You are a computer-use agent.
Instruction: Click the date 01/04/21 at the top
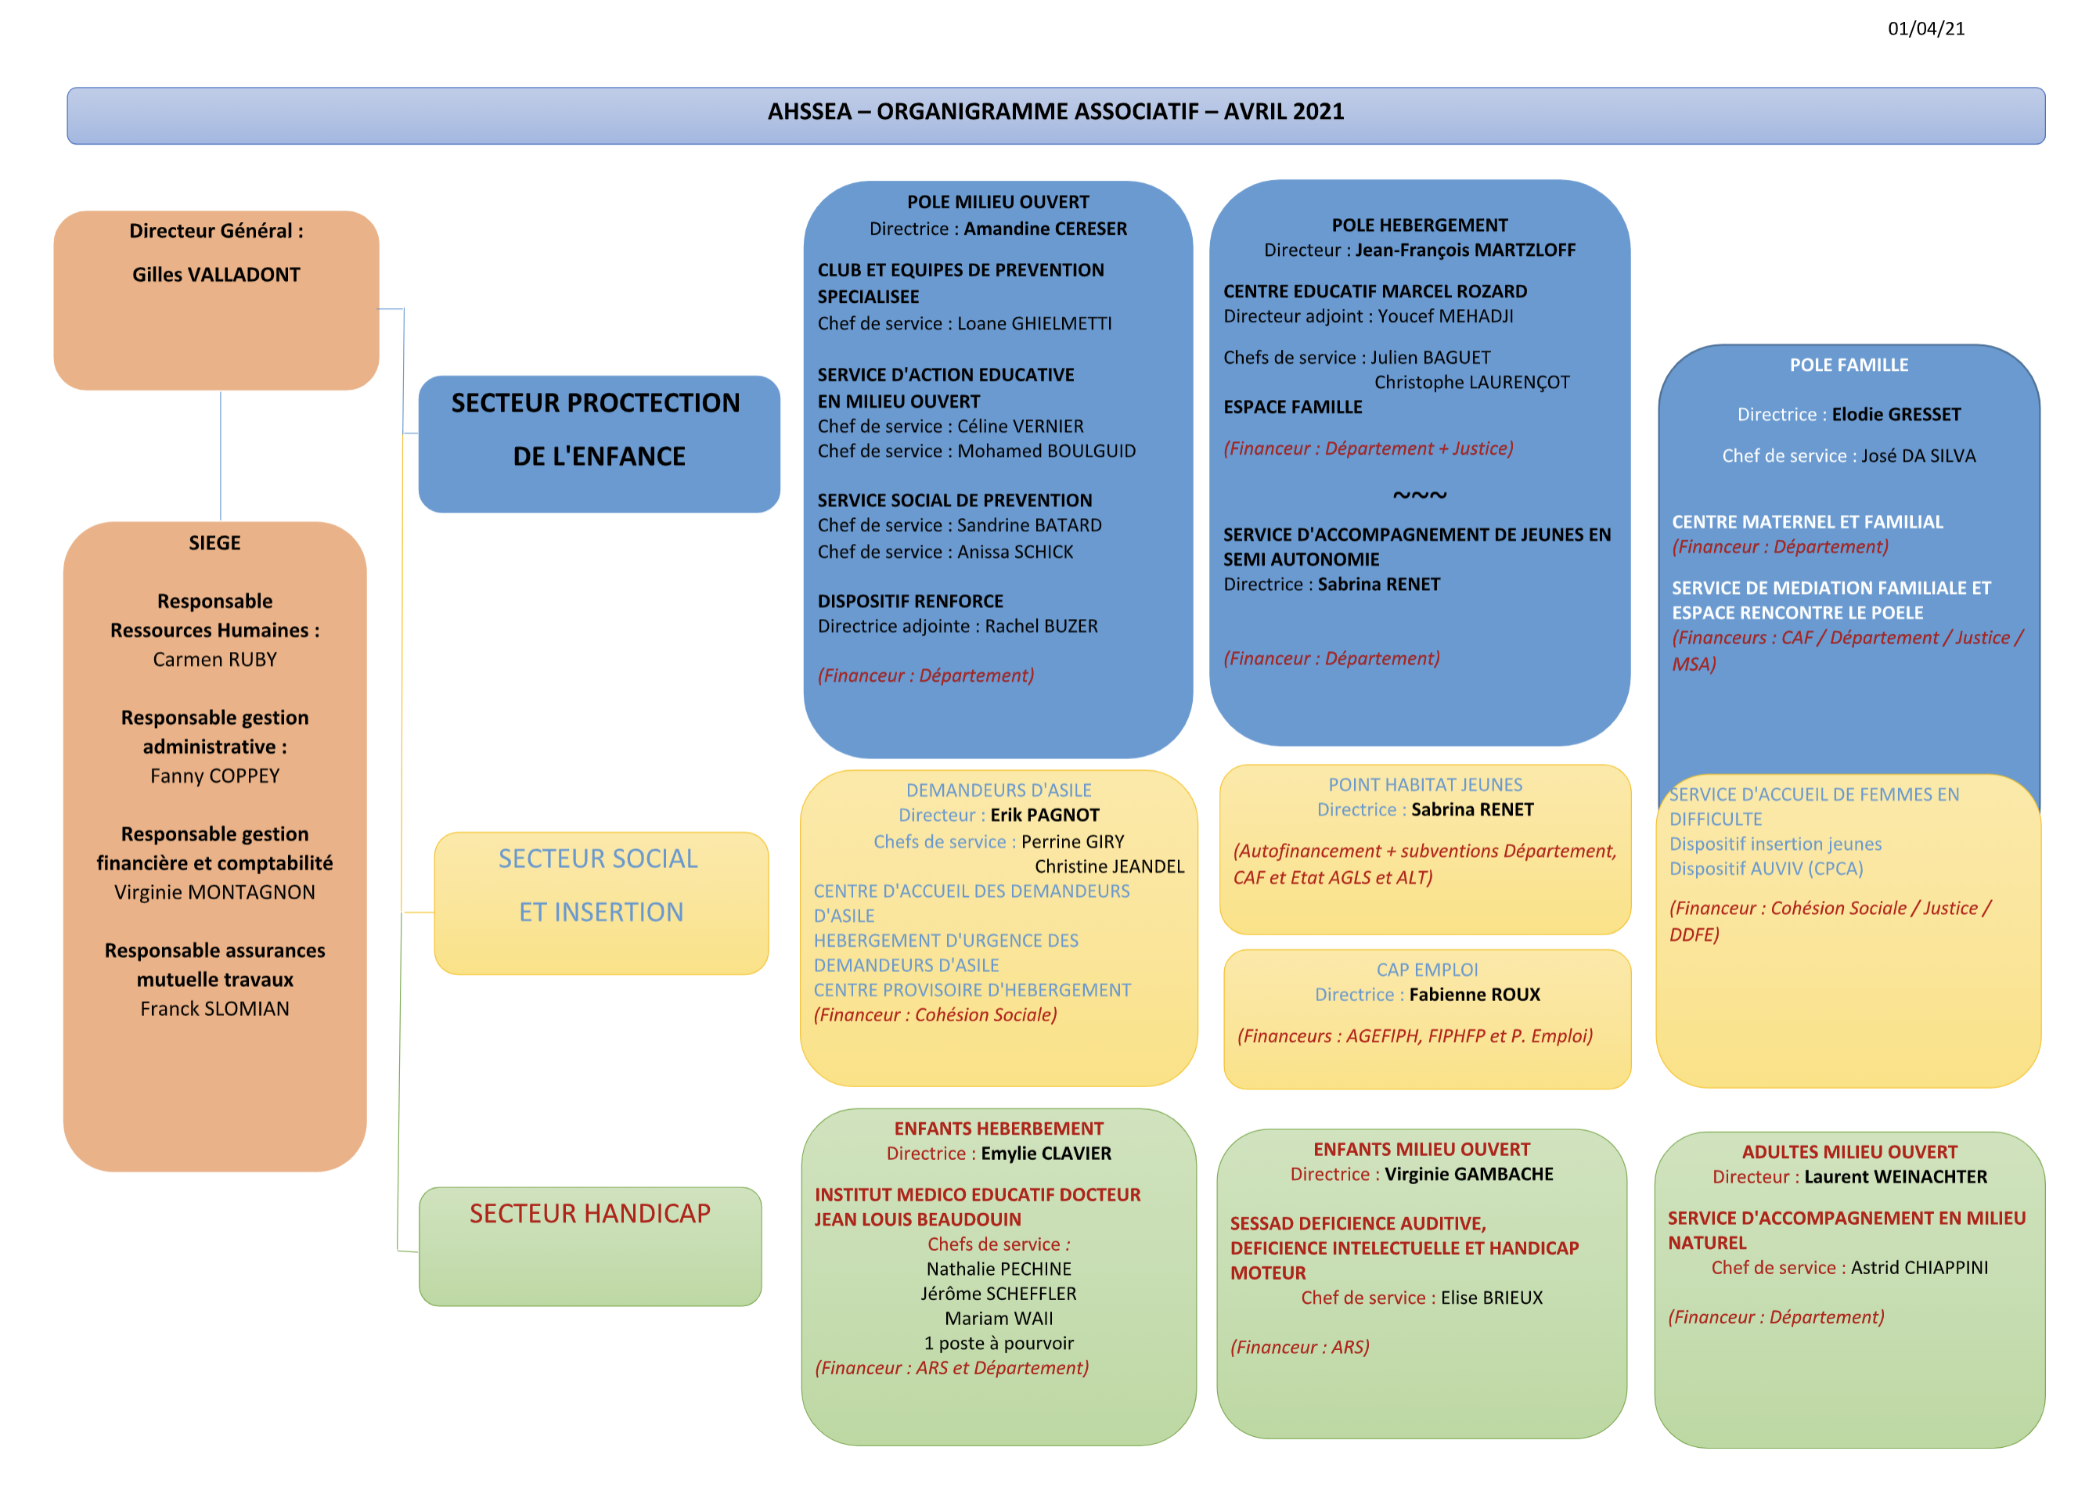click(1925, 28)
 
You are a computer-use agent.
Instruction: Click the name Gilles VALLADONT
click(216, 275)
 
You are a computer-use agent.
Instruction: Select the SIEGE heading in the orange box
click(214, 543)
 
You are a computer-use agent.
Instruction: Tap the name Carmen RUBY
click(214, 659)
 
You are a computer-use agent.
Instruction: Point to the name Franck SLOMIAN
click(214, 1008)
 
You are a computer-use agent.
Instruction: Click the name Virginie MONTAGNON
click(214, 892)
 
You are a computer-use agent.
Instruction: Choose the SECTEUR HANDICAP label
click(589, 1213)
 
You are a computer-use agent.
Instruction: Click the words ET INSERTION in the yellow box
click(600, 912)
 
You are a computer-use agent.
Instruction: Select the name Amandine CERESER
click(1045, 229)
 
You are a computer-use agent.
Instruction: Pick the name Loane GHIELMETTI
click(1034, 323)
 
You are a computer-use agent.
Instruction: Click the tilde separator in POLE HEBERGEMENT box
click(1419, 495)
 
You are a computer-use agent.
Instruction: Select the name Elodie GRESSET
click(1896, 415)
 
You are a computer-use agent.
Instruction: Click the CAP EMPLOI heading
click(1427, 970)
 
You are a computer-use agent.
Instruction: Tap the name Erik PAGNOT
click(1044, 815)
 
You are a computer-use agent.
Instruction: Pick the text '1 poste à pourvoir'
click(998, 1343)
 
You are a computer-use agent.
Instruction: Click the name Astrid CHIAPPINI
click(1919, 1267)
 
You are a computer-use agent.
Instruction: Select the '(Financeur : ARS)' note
click(1299, 1347)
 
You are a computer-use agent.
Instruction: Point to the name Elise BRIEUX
click(1491, 1298)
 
